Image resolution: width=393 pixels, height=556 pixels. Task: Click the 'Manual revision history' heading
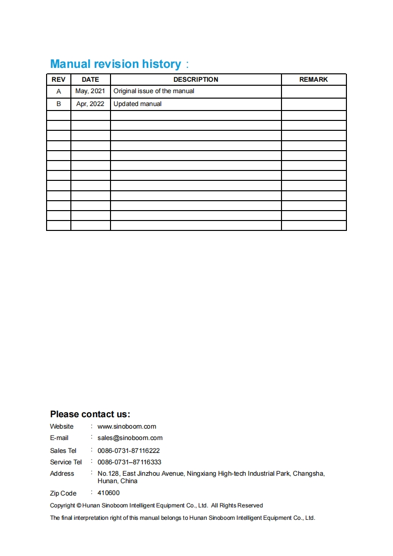[x=115, y=64]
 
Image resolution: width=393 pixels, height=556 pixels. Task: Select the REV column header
[x=58, y=79]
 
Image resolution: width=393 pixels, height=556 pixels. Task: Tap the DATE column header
[x=90, y=79]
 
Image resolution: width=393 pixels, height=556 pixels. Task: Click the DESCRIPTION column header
[x=196, y=79]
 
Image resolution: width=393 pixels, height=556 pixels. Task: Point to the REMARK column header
[x=313, y=79]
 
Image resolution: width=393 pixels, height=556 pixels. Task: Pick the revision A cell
[x=58, y=91]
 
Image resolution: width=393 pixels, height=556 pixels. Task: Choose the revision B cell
[x=58, y=104]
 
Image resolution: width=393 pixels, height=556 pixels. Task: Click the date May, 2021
[x=90, y=91]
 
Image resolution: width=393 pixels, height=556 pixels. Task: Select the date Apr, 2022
[x=90, y=104]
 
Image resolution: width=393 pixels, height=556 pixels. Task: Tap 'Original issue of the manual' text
[x=154, y=91]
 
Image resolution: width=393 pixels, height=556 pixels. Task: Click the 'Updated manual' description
[x=137, y=104]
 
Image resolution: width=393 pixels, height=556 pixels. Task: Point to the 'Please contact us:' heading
[x=90, y=414]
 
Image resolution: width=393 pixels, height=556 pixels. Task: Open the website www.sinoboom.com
[x=127, y=426]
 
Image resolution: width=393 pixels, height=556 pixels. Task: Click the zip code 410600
[x=109, y=493]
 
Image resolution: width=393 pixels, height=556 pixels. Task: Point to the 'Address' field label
[x=62, y=473]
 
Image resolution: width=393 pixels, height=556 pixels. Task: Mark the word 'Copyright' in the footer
[x=62, y=505]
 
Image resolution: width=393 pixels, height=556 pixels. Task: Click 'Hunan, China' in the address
[x=117, y=481]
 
